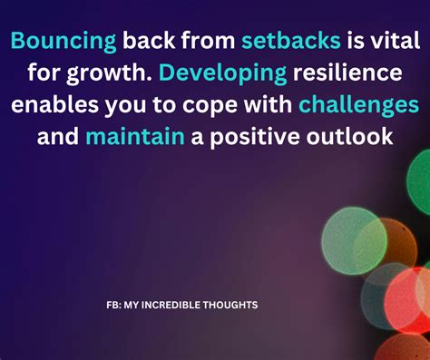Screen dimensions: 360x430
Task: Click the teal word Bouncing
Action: (64, 40)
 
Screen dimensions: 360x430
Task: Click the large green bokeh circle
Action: (353, 239)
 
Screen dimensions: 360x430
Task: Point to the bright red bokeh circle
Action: (408, 304)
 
